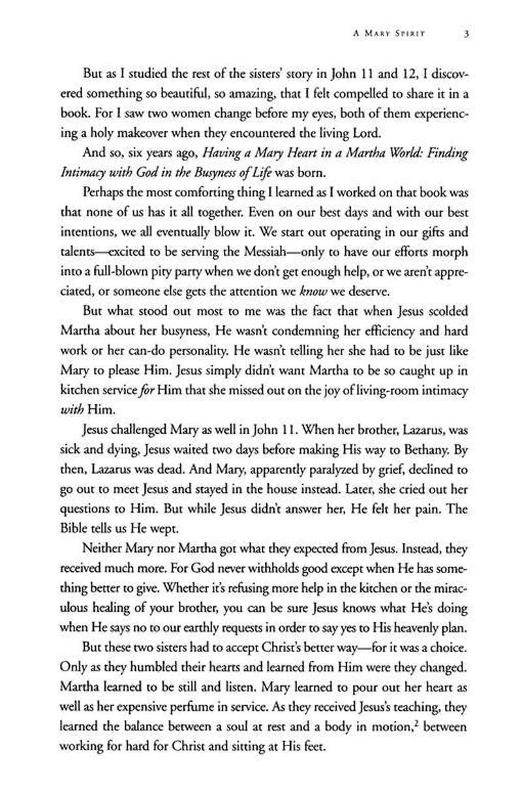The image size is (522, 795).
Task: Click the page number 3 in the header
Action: coord(460,35)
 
